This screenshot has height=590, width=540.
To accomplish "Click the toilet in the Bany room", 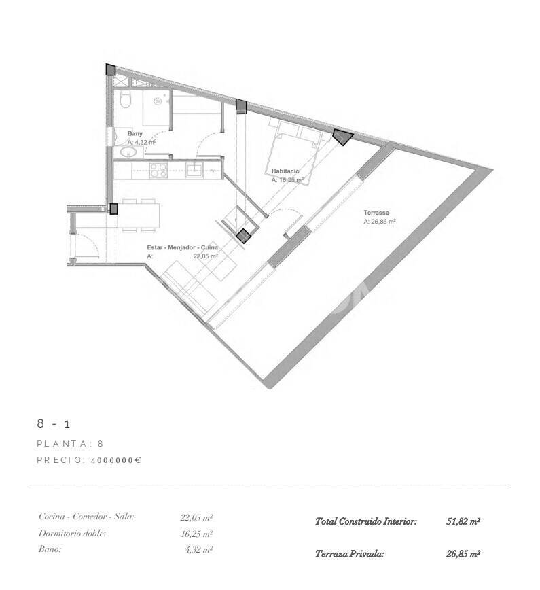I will click(125, 101).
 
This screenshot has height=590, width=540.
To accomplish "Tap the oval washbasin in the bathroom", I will click(128, 154).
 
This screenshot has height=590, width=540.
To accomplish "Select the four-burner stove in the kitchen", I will click(158, 171).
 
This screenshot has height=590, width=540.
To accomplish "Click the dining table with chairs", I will click(141, 215).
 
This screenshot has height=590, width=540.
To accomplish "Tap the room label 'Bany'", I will click(135, 134).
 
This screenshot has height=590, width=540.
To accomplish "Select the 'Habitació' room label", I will click(285, 172).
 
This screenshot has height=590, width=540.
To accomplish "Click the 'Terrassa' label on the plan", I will click(379, 212).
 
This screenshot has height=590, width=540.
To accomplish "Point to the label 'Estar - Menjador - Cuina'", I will click(182, 248).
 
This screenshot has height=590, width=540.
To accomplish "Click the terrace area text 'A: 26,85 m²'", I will click(380, 222).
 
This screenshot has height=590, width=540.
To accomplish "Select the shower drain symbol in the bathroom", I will click(158, 101).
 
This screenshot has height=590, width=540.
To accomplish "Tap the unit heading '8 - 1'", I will click(54, 424).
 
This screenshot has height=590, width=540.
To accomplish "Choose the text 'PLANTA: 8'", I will click(70, 443).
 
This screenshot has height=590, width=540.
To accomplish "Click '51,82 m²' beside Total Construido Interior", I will click(463, 522).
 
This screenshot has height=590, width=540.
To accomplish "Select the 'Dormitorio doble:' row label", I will click(72, 534).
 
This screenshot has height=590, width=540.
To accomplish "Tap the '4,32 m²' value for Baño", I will click(198, 550).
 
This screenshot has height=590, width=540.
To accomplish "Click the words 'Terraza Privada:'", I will click(349, 554).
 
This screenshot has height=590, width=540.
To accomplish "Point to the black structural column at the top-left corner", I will click(111, 70).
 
